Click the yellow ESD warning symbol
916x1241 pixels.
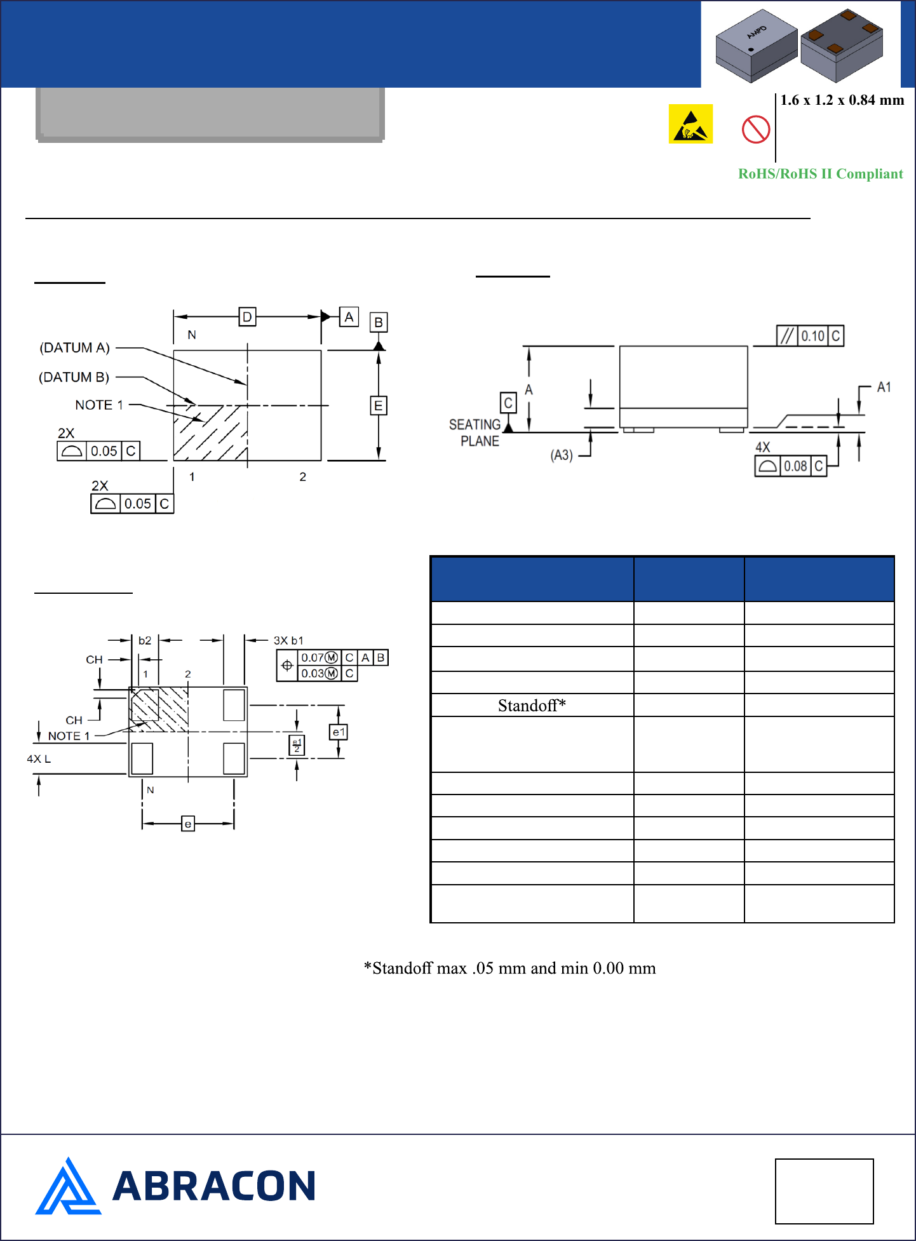690,124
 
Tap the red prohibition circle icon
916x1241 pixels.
756,129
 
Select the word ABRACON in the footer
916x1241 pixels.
214,1186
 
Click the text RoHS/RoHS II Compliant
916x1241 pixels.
820,174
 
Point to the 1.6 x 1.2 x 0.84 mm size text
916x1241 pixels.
842,100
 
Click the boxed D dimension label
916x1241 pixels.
247,317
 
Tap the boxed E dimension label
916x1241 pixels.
379,406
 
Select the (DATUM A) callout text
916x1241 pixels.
75,348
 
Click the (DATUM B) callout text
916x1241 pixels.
74,377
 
